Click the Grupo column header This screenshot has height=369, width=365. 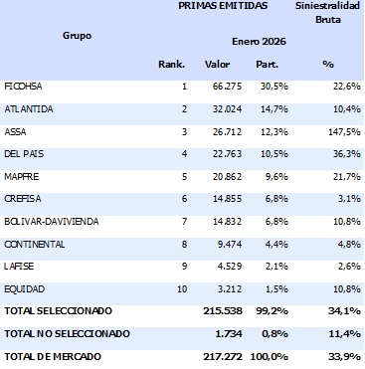tap(76, 35)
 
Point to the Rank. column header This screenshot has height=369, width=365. tap(172, 65)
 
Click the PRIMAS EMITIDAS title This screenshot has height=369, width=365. tap(223, 6)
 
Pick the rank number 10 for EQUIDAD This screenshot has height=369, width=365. tap(180, 289)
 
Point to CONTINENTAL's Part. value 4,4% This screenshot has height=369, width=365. tap(270, 245)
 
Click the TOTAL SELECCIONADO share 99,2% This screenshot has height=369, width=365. tap(267, 312)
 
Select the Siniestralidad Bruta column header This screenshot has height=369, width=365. tap(326, 13)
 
